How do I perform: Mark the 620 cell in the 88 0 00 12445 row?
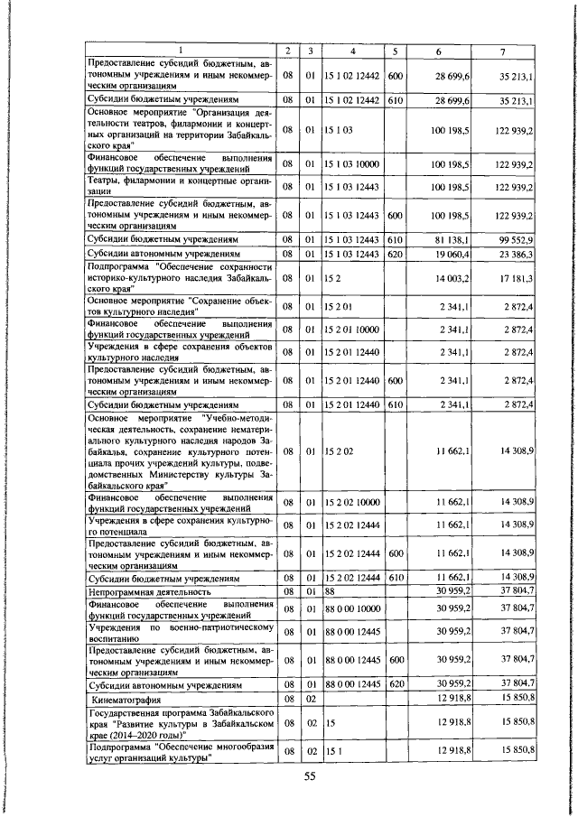coord(395,684)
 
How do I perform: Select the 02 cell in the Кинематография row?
coord(309,699)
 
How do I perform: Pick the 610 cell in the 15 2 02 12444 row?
coord(395,577)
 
